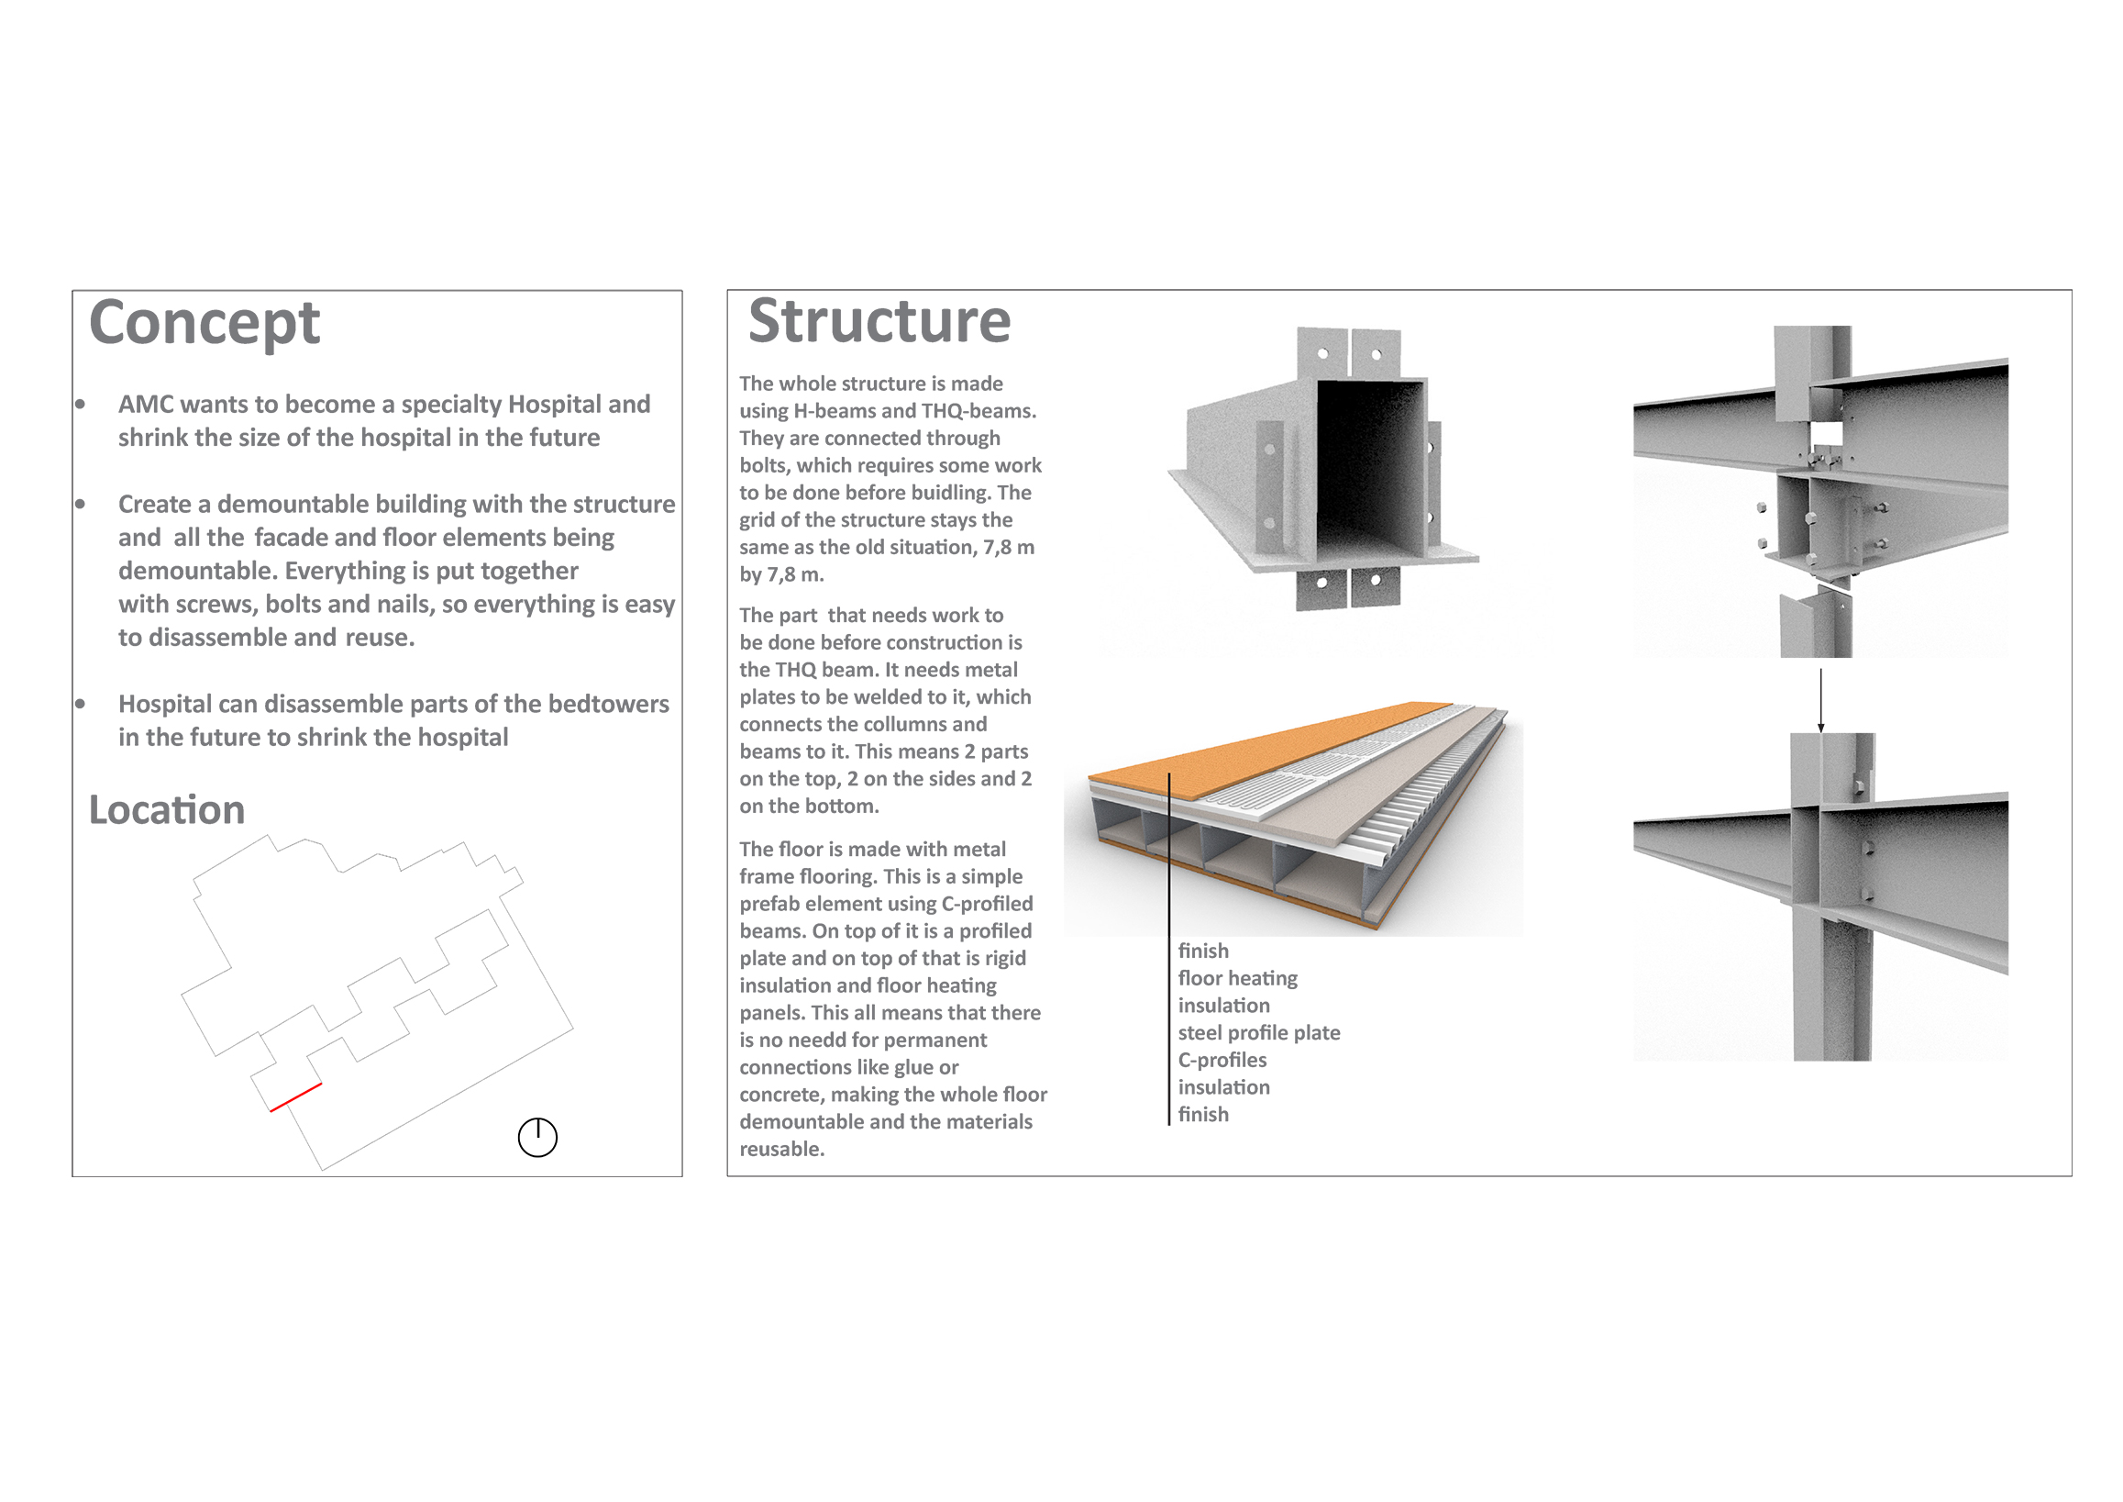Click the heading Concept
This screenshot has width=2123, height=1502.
pos(205,325)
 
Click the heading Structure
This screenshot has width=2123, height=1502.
pos(879,321)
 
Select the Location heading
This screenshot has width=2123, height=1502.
pos(166,810)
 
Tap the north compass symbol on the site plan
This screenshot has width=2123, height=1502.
pos(537,1137)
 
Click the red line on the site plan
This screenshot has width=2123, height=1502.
pos(296,1096)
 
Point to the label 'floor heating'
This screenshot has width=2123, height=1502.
pos(1237,978)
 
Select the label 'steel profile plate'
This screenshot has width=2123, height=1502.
pos(1258,1033)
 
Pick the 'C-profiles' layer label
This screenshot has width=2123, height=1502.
pos(1222,1060)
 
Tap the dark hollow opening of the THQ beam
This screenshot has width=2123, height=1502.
pos(1370,468)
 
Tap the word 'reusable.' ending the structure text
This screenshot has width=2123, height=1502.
pos(781,1150)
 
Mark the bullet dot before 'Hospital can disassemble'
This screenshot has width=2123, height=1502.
pos(81,704)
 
